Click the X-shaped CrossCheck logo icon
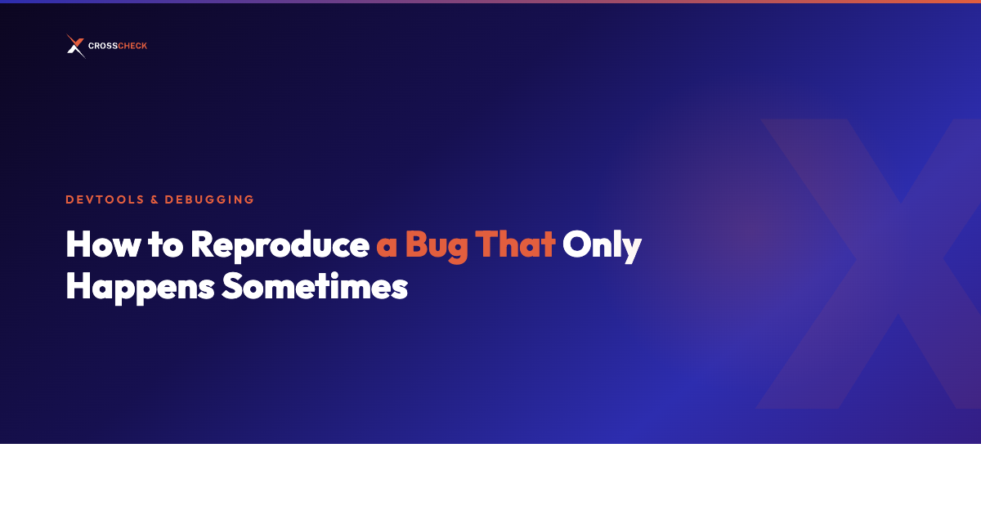coord(75,46)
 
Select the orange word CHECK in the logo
coord(132,47)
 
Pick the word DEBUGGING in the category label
coord(209,199)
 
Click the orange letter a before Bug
coord(386,249)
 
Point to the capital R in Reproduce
coord(202,245)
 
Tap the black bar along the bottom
coord(490,480)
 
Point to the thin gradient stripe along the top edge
coord(490,2)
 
